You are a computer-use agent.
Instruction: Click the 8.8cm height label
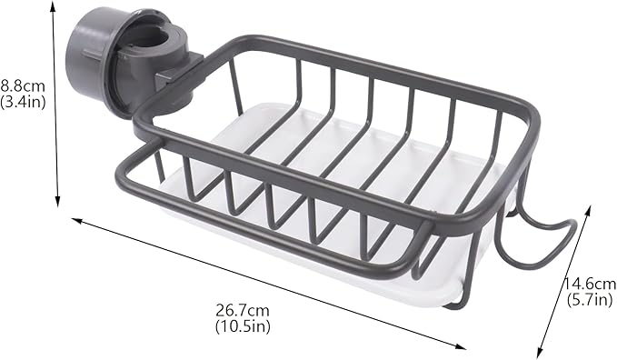tap(23, 85)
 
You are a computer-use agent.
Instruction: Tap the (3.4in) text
tap(23, 102)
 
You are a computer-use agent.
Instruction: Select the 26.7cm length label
tap(243, 311)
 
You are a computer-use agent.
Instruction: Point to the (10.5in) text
tap(243, 326)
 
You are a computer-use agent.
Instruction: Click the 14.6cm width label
tap(591, 284)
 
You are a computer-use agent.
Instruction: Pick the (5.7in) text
tap(590, 300)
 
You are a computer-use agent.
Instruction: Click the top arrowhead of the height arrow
tap(53, 5)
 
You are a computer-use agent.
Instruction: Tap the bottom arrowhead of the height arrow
tap(58, 201)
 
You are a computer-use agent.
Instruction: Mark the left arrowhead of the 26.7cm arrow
tap(76, 220)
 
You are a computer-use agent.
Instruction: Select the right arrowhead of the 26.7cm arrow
tap(461, 347)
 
